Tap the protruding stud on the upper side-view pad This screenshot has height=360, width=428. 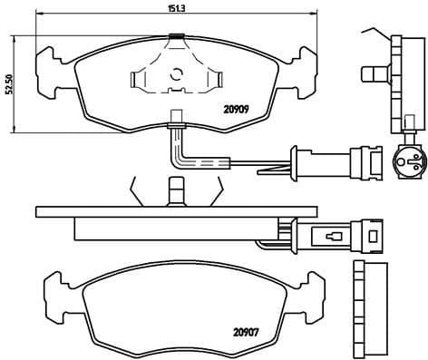371,72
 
